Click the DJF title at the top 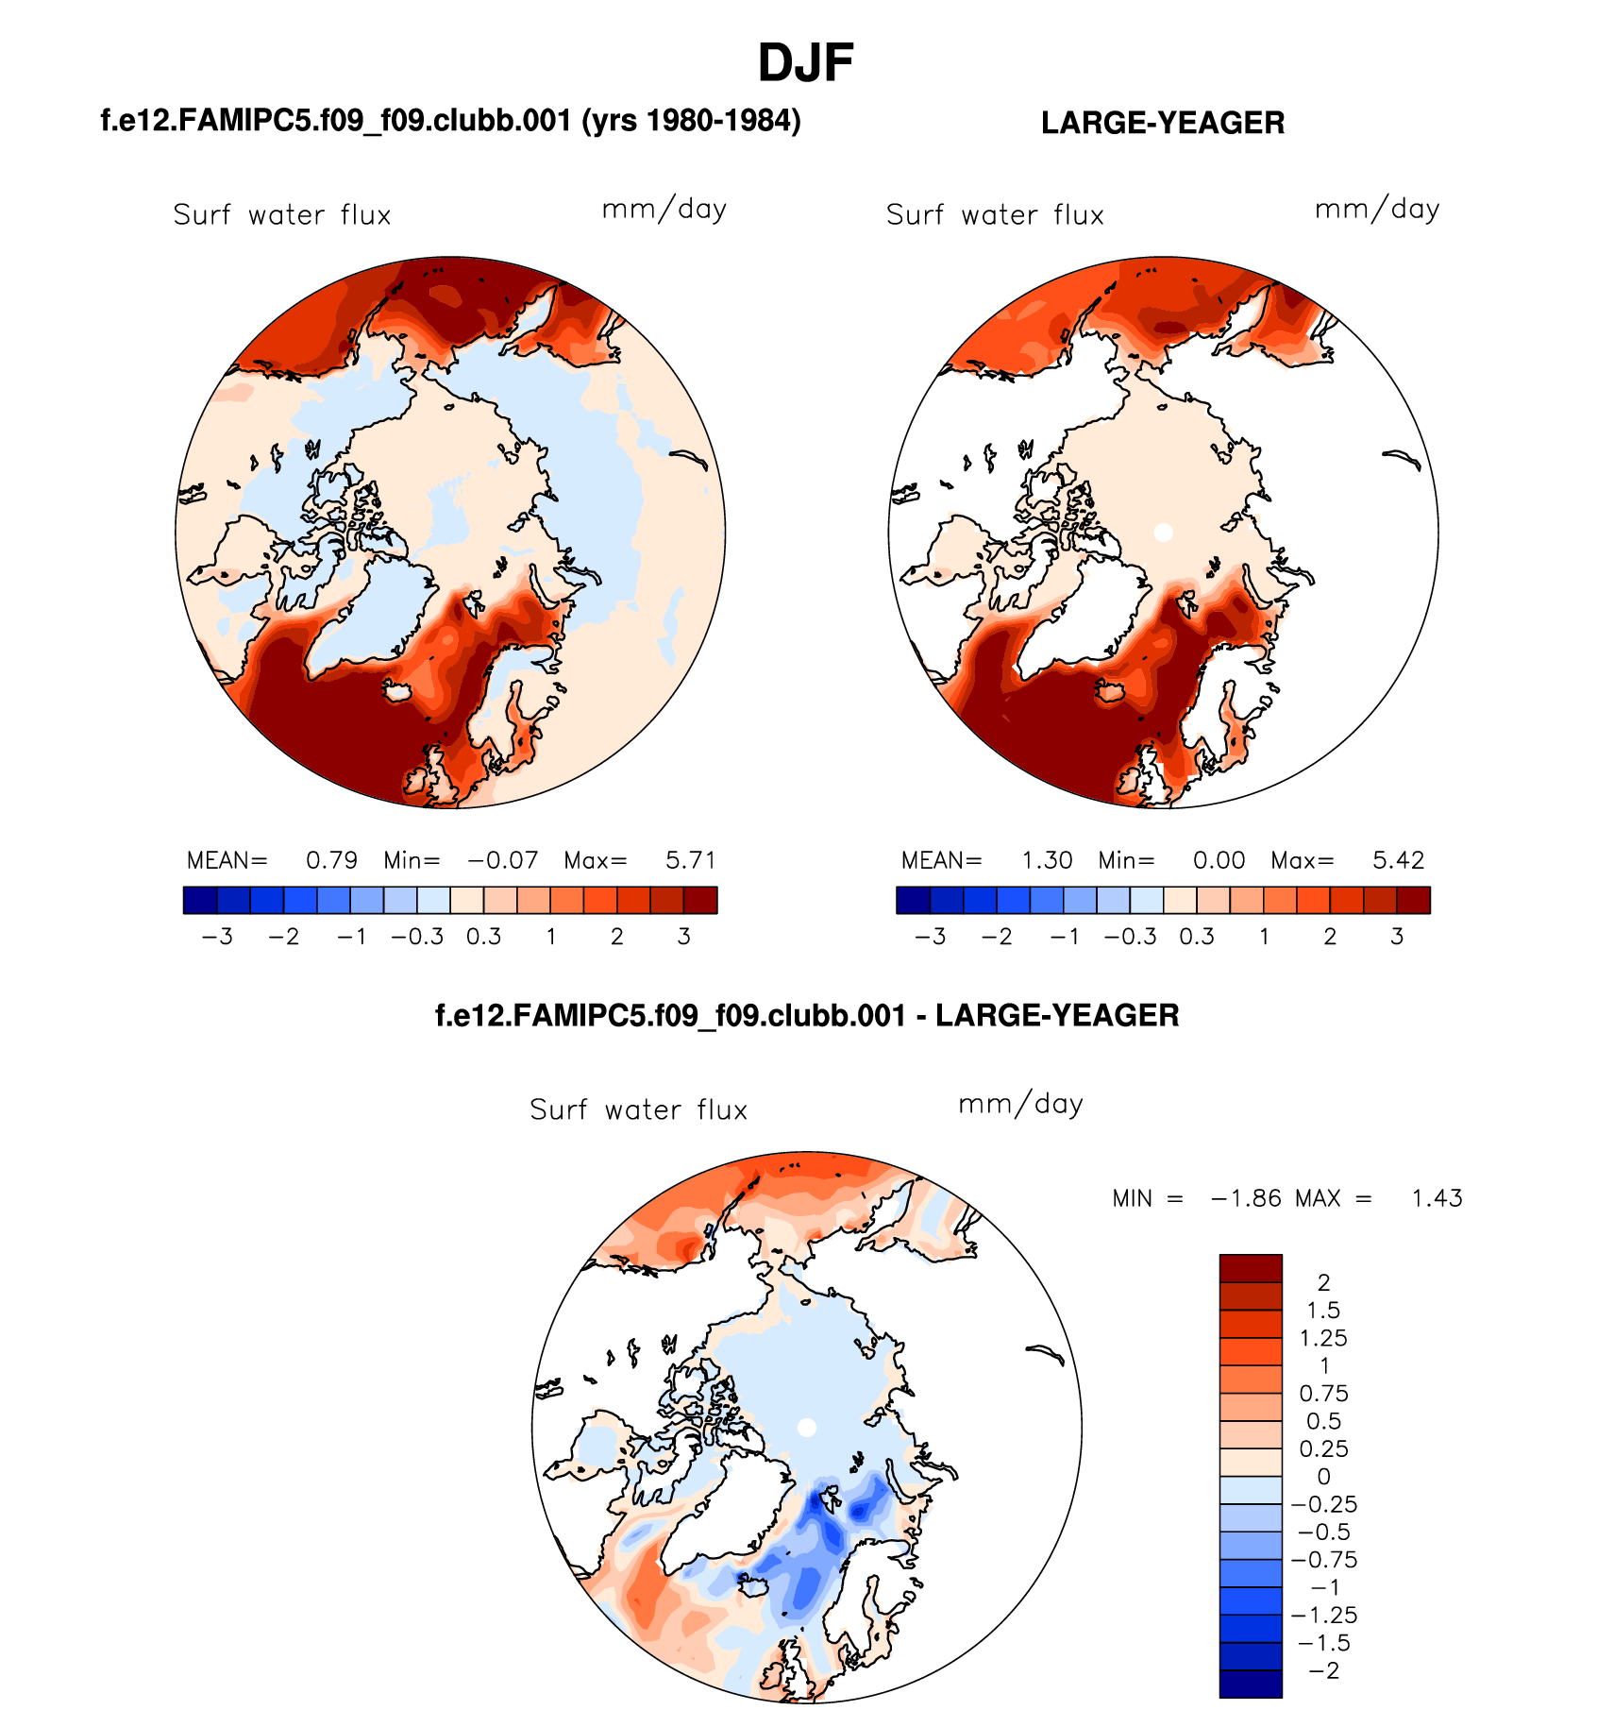click(805, 63)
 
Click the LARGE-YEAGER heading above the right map click(1162, 123)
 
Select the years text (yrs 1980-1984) click(691, 121)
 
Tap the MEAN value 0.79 click(331, 860)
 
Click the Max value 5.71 click(691, 860)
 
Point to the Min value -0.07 click(503, 860)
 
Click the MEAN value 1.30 click(1047, 860)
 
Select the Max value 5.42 click(1398, 860)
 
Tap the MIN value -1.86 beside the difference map click(1246, 1198)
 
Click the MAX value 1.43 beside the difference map click(1437, 1198)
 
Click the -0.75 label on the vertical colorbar click(1324, 1560)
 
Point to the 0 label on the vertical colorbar click(1323, 1477)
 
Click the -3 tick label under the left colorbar click(217, 937)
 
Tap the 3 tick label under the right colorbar click(1397, 937)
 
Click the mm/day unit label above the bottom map click(1020, 1104)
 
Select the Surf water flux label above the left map click(281, 215)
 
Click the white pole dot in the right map click(1164, 533)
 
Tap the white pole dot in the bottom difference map click(807, 1428)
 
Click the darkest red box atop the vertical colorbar click(1251, 1268)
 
